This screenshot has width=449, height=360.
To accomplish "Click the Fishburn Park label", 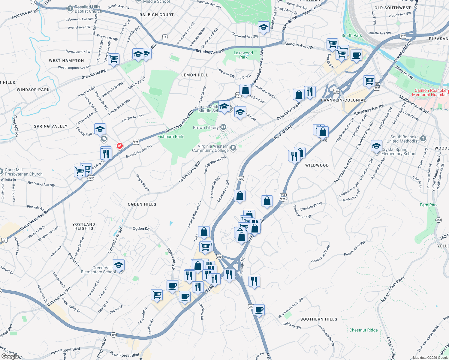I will pyautogui.click(x=170, y=136).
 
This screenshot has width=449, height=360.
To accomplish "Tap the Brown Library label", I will pyautogui.click(x=206, y=127).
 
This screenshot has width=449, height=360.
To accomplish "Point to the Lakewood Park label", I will pyautogui.click(x=243, y=55).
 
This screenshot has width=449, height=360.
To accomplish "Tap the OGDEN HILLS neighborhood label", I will pyautogui.click(x=142, y=204).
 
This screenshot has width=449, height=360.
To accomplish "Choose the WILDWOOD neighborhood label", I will pyautogui.click(x=317, y=165).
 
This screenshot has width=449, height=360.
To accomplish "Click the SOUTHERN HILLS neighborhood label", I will pyautogui.click(x=318, y=319).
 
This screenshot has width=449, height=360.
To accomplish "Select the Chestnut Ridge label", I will pyautogui.click(x=363, y=330).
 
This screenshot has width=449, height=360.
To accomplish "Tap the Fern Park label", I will pyautogui.click(x=429, y=205).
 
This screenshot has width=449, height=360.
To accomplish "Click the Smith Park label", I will pyautogui.click(x=351, y=35).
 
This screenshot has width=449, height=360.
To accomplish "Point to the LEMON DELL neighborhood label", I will pyautogui.click(x=194, y=75).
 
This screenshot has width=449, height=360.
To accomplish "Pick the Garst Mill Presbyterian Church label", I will pyautogui.click(x=23, y=172).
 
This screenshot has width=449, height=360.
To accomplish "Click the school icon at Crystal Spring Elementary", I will pyautogui.click(x=376, y=146).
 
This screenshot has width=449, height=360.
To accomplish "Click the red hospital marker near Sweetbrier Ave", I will pyautogui.click(x=120, y=146).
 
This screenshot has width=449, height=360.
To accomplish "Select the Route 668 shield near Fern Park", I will pyautogui.click(x=438, y=220).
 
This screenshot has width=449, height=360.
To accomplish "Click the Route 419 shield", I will pyautogui.click(x=113, y=335).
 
